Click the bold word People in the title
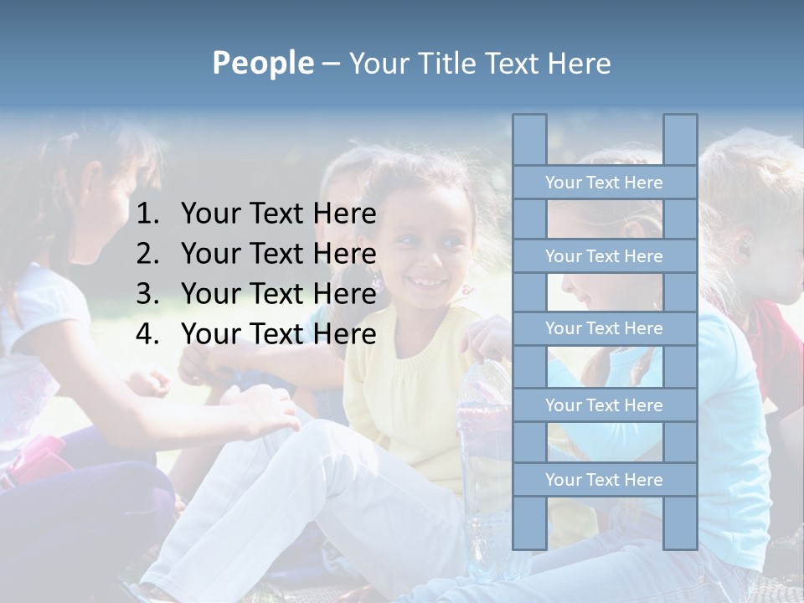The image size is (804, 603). click(x=262, y=63)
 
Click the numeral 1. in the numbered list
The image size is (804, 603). click(x=148, y=214)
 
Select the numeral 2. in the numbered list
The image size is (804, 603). click(x=148, y=254)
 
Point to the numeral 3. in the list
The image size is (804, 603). click(x=148, y=294)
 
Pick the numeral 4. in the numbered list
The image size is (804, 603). click(x=148, y=334)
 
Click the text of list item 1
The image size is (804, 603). click(x=278, y=214)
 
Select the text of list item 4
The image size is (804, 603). click(x=278, y=334)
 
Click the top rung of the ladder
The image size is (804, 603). click(x=604, y=183)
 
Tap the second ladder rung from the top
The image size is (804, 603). click(x=604, y=256)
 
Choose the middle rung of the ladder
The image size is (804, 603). click(x=604, y=328)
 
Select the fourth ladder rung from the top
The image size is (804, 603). click(x=604, y=405)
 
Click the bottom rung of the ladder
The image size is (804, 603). click(x=604, y=480)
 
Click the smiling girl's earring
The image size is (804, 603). click(x=376, y=281)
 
